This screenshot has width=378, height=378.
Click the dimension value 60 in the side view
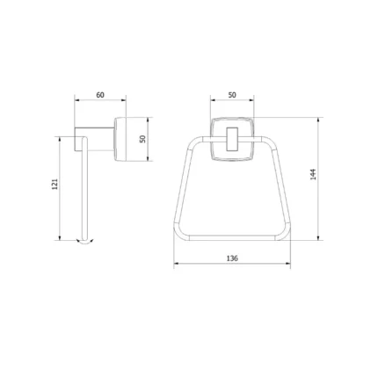(x=99, y=94)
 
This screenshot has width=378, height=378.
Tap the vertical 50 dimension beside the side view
(x=142, y=139)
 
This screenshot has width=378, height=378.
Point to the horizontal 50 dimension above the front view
(x=231, y=94)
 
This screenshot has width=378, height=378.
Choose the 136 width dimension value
(x=232, y=258)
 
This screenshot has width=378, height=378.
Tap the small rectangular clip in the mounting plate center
(x=232, y=141)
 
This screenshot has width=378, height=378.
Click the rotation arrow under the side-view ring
(x=84, y=244)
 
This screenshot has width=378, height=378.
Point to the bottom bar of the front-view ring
(x=232, y=236)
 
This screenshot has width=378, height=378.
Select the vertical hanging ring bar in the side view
(x=84, y=189)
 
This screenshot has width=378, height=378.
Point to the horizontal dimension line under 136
(x=232, y=265)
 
